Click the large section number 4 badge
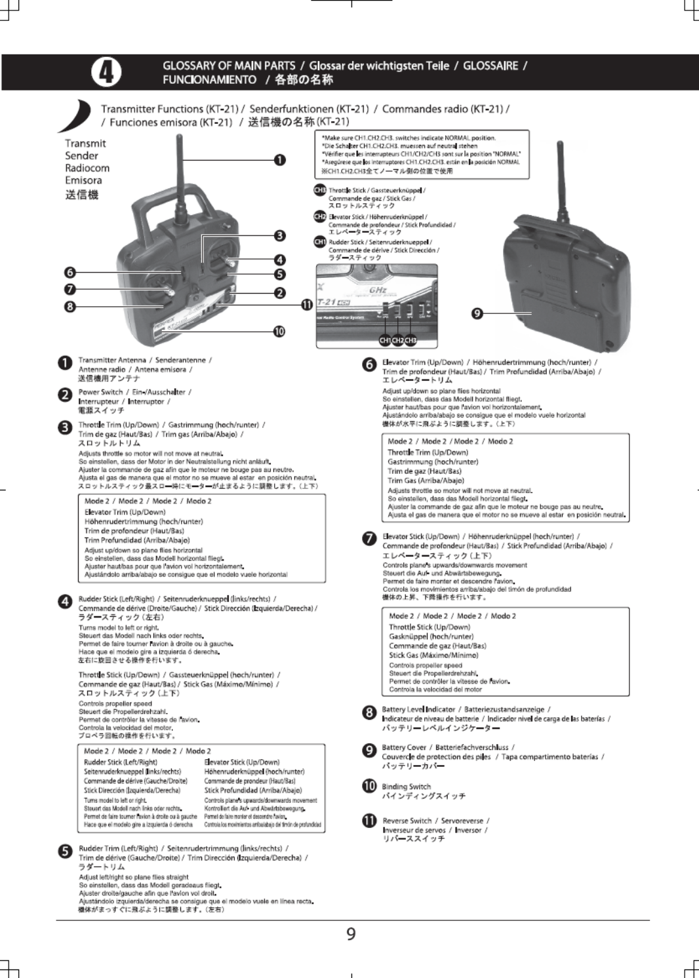coord(105,72)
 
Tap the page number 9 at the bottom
coord(351,934)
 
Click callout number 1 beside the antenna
coord(280,160)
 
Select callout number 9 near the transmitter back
coord(477,314)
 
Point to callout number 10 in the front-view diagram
coord(279,331)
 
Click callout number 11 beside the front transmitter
coord(306,305)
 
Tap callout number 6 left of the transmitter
coord(70,273)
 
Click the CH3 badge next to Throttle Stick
coord(320,190)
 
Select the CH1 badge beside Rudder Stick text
coord(320,242)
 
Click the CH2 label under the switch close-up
coord(397,340)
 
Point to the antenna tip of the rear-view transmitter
coord(561,144)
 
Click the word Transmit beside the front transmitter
coord(85,144)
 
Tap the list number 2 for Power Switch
coord(64,395)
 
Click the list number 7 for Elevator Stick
coord(369,539)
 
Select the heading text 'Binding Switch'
coord(406,787)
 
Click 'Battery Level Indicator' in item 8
coord(418,709)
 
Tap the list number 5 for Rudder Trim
coord(64,851)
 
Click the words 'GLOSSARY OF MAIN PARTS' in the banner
coord(229,66)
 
